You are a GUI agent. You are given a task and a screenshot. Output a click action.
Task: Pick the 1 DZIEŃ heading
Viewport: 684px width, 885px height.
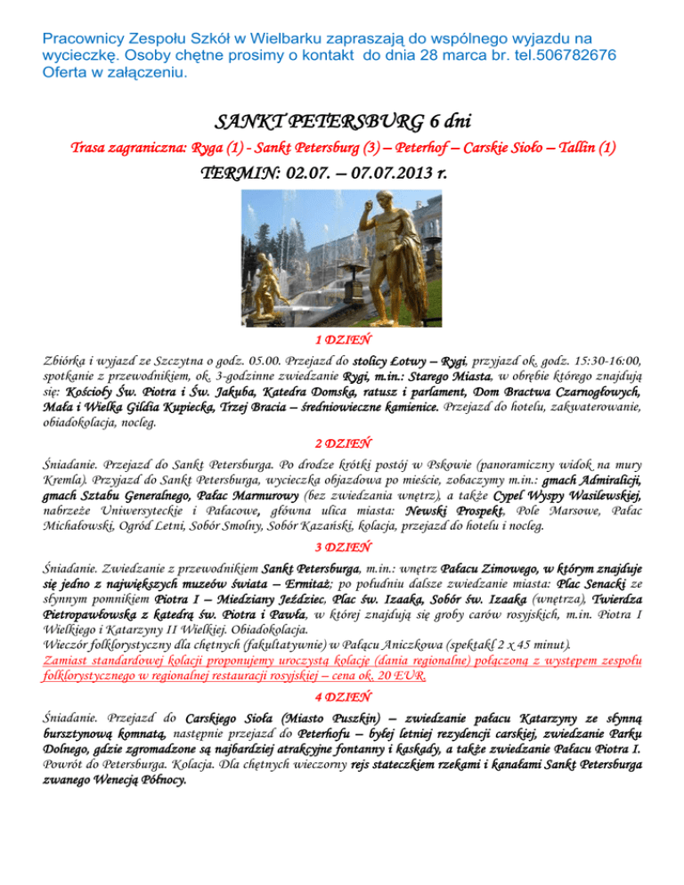pyautogui.click(x=343, y=339)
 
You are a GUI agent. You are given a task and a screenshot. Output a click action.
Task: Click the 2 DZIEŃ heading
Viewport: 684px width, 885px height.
pyautogui.click(x=343, y=442)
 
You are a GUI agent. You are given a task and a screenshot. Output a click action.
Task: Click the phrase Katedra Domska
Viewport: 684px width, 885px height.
pyautogui.click(x=259, y=393)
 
